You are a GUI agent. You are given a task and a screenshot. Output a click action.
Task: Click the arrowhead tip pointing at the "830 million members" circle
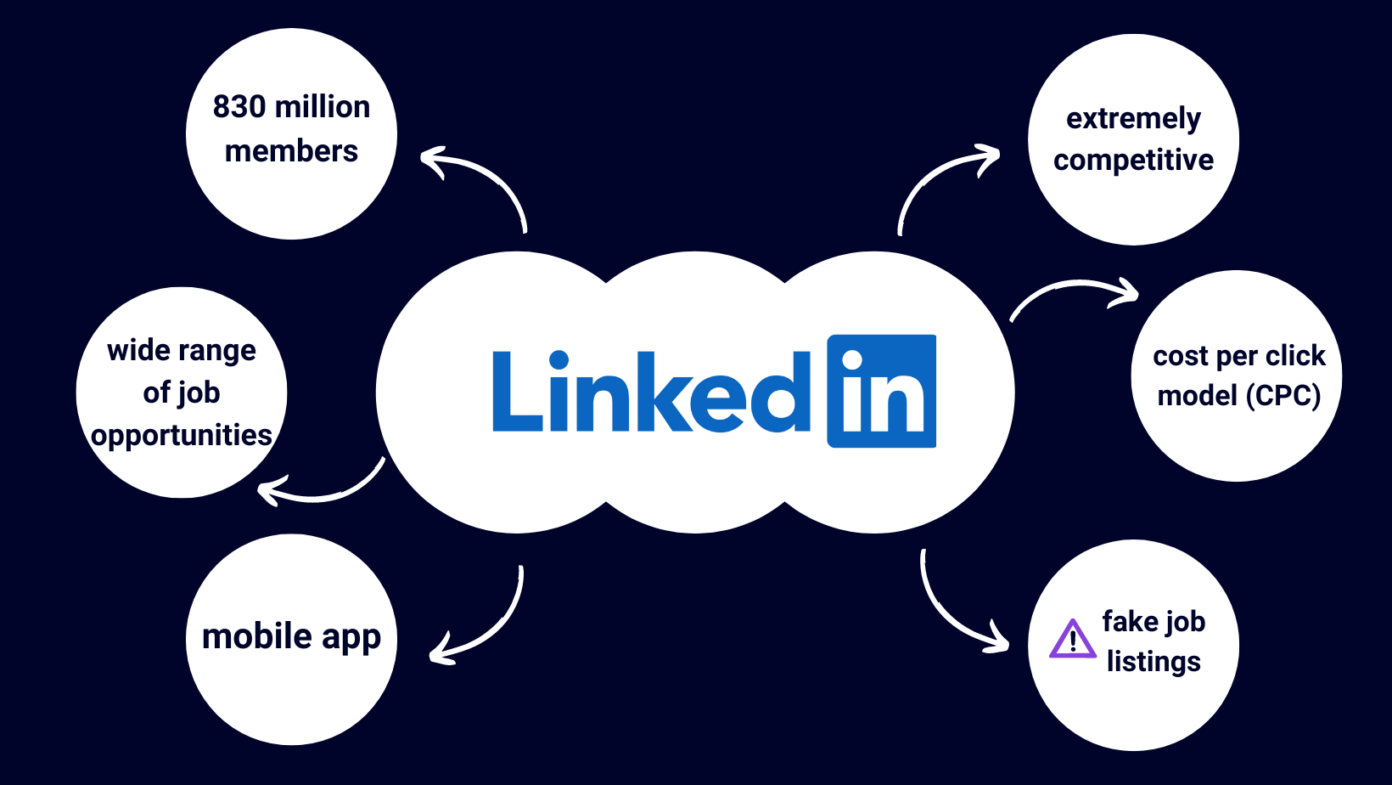click(x=421, y=156)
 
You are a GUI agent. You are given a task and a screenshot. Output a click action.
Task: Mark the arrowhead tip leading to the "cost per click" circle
click(x=1138, y=294)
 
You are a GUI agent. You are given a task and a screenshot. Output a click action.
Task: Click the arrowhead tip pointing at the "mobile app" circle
click(x=430, y=656)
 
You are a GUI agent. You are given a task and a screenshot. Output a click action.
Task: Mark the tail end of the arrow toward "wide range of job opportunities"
click(x=384, y=459)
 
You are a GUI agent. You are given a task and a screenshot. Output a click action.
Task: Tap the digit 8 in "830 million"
click(x=222, y=106)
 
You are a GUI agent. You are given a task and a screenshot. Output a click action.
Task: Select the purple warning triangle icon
click(x=1073, y=639)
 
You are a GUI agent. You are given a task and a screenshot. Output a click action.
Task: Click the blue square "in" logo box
click(x=881, y=391)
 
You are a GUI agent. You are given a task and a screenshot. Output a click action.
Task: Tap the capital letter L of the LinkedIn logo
click(x=517, y=392)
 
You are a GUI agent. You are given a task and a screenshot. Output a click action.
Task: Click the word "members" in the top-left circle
click(x=291, y=151)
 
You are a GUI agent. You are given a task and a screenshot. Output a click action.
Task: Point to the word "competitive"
click(x=1133, y=161)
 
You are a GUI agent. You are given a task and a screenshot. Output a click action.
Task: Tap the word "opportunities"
click(x=182, y=435)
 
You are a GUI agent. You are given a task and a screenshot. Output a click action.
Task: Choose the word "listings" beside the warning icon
click(x=1153, y=661)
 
